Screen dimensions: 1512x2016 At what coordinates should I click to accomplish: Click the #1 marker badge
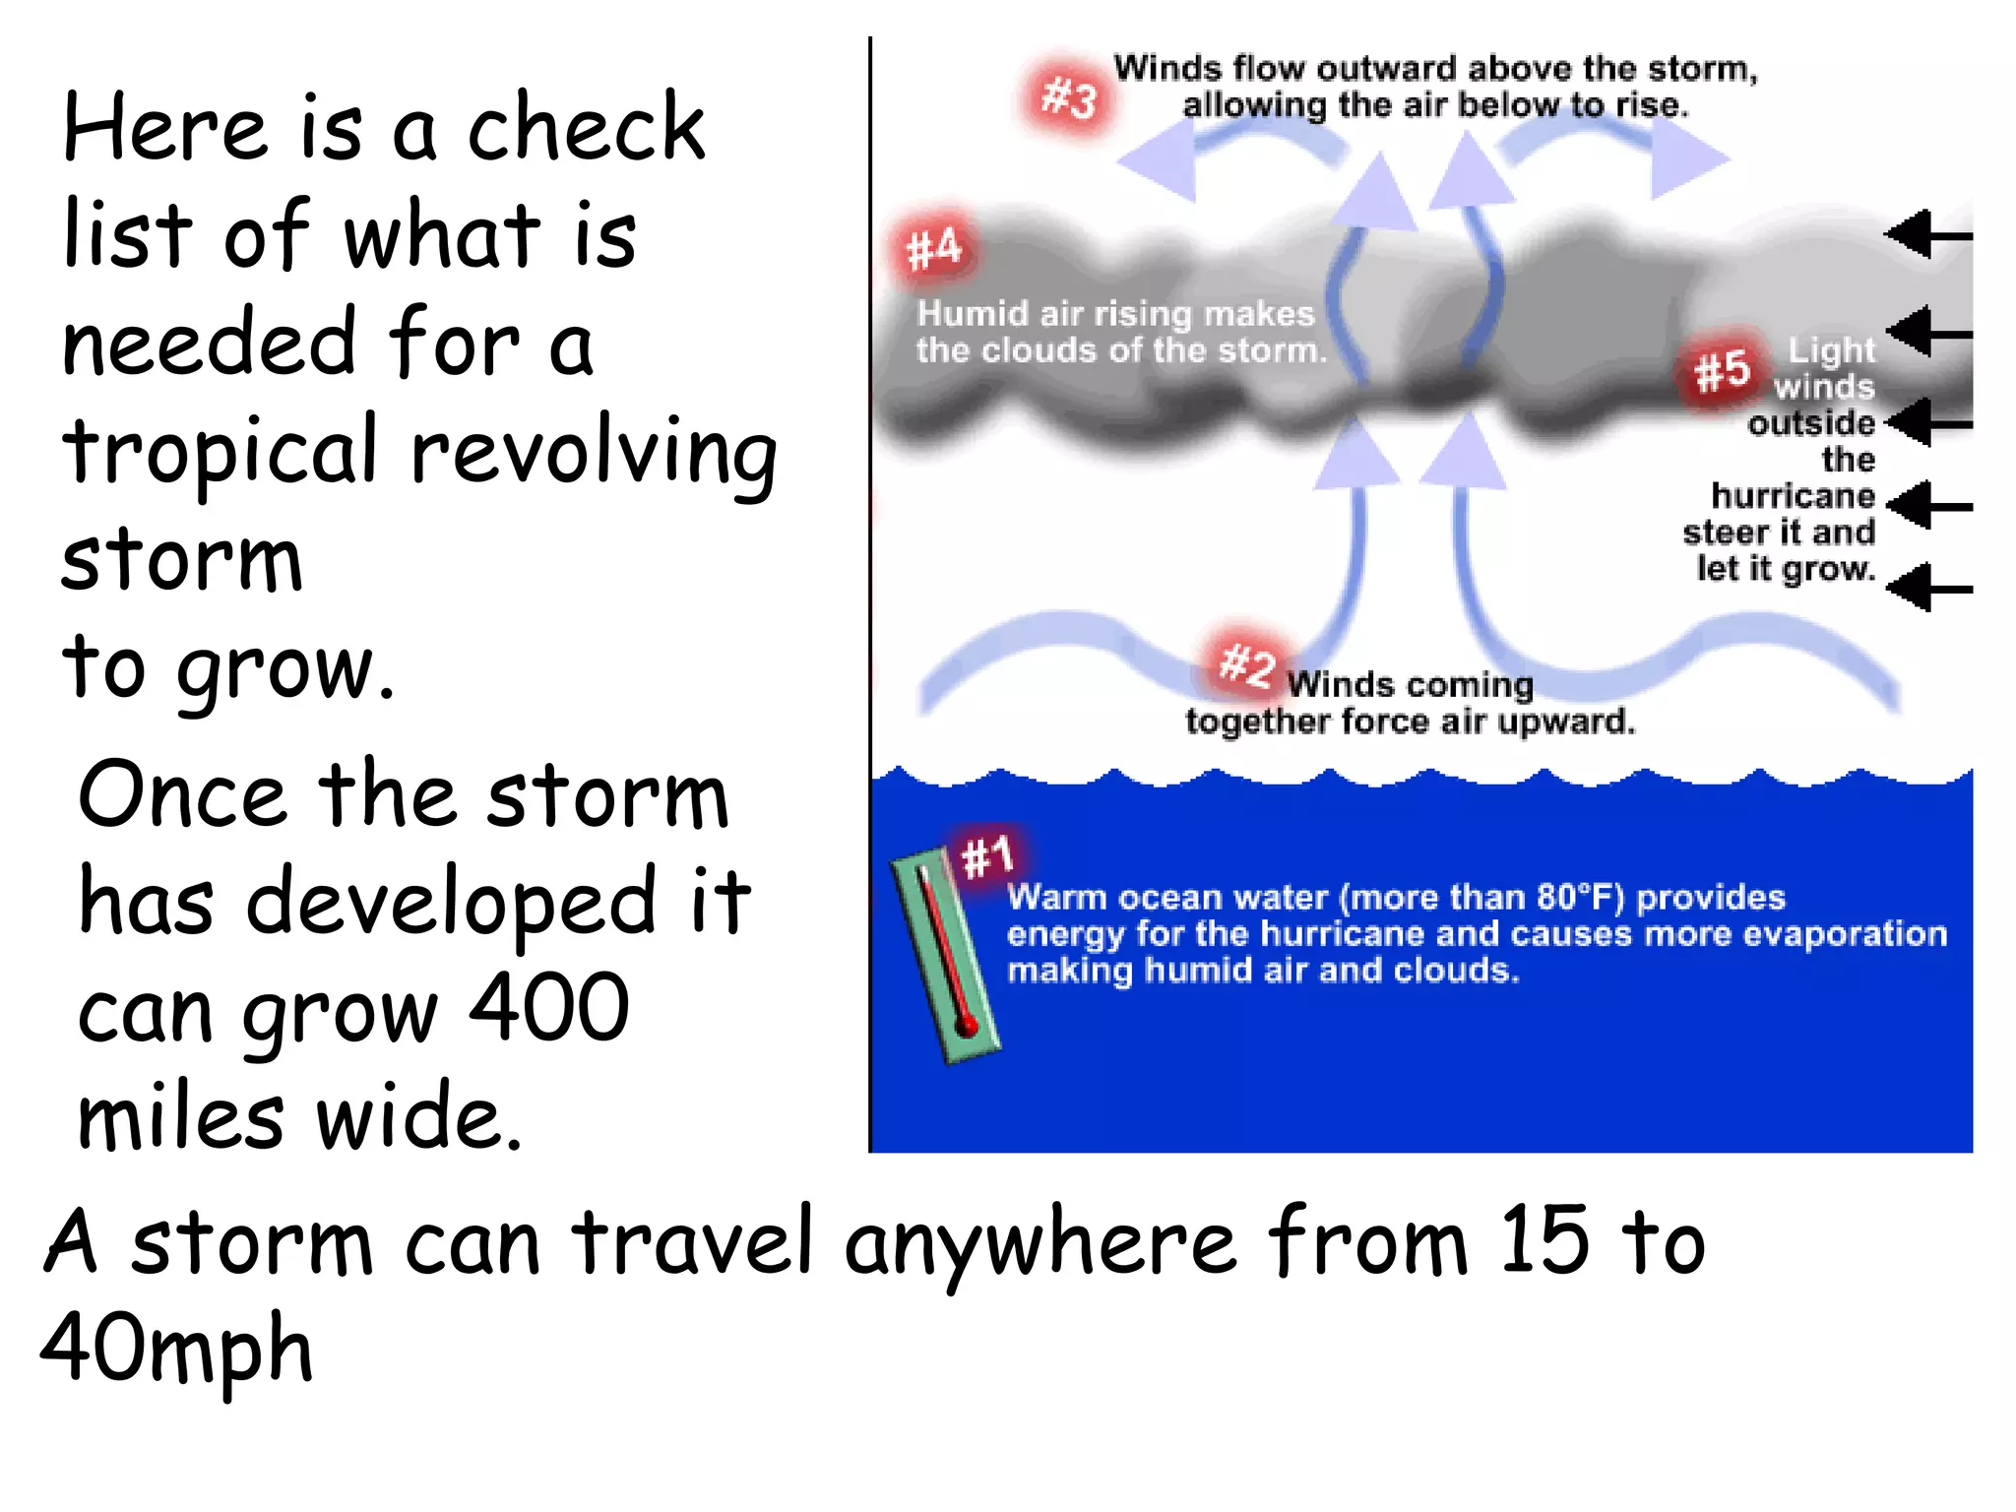987,855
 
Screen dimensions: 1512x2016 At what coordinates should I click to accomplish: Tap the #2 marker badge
1246,663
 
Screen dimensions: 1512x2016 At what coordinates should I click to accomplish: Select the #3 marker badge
1069,98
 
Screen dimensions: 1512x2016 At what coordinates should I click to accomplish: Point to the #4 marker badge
933,248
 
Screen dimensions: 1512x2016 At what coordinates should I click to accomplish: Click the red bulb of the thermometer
967,1027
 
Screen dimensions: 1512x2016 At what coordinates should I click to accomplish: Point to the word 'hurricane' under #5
1793,495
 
